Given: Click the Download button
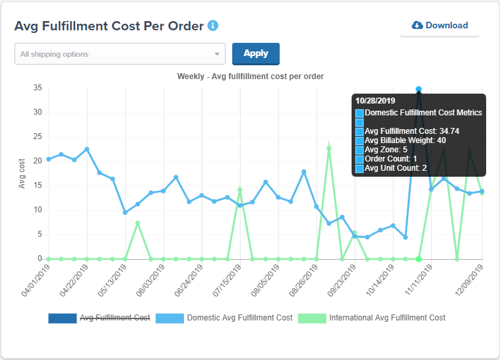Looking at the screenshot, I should tap(439, 26).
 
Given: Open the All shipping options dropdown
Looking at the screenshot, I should tap(120, 54).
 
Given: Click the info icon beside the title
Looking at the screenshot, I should tap(213, 26).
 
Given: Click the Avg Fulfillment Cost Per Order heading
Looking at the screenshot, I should tap(109, 26).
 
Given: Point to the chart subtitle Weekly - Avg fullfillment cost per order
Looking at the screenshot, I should tap(250, 76).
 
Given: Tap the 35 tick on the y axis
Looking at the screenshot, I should tap(38, 88).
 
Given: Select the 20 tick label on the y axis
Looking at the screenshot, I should tap(38, 161).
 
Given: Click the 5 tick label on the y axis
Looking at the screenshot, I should tap(40, 234).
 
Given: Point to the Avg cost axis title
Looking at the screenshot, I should tap(22, 173).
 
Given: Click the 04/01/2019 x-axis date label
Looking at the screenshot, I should tap(36, 281).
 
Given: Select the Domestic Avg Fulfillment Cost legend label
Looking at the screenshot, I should tap(239, 318).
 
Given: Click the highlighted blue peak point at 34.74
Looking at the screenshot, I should tap(419, 89).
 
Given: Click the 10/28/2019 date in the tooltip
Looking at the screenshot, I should tap(375, 101).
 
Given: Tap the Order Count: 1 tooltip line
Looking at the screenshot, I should tap(391, 159).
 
